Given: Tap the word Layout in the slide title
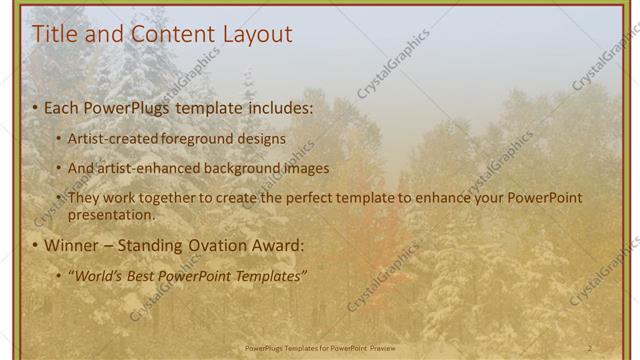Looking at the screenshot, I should tap(256, 35).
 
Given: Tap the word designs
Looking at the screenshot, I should tap(263, 139).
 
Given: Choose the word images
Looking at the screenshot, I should tap(307, 169).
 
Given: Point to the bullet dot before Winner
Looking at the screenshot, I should tap(35, 246).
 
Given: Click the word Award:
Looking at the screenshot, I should tap(275, 245).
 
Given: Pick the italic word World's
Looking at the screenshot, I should tap(97, 275).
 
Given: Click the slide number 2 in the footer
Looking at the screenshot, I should tap(589, 348).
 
